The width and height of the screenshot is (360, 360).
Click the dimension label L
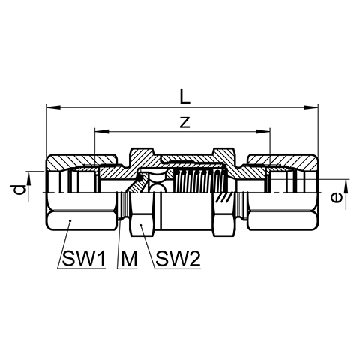click(185, 97)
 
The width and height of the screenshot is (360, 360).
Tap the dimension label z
click(185, 122)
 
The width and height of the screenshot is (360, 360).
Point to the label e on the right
click(336, 198)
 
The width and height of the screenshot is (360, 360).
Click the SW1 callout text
click(84, 259)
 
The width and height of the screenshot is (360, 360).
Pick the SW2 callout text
click(178, 259)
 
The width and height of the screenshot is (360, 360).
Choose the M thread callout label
click(129, 259)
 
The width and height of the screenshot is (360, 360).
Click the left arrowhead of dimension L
click(53, 107)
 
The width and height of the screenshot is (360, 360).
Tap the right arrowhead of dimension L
click(311, 107)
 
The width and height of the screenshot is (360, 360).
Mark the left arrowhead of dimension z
click(102, 131)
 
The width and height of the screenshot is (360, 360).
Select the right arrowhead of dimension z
click(263, 131)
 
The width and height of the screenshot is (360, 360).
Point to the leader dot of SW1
click(70, 220)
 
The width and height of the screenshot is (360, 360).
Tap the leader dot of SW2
click(141, 225)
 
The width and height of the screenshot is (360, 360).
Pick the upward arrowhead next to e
click(346, 186)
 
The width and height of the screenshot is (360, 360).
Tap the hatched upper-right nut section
click(283, 161)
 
